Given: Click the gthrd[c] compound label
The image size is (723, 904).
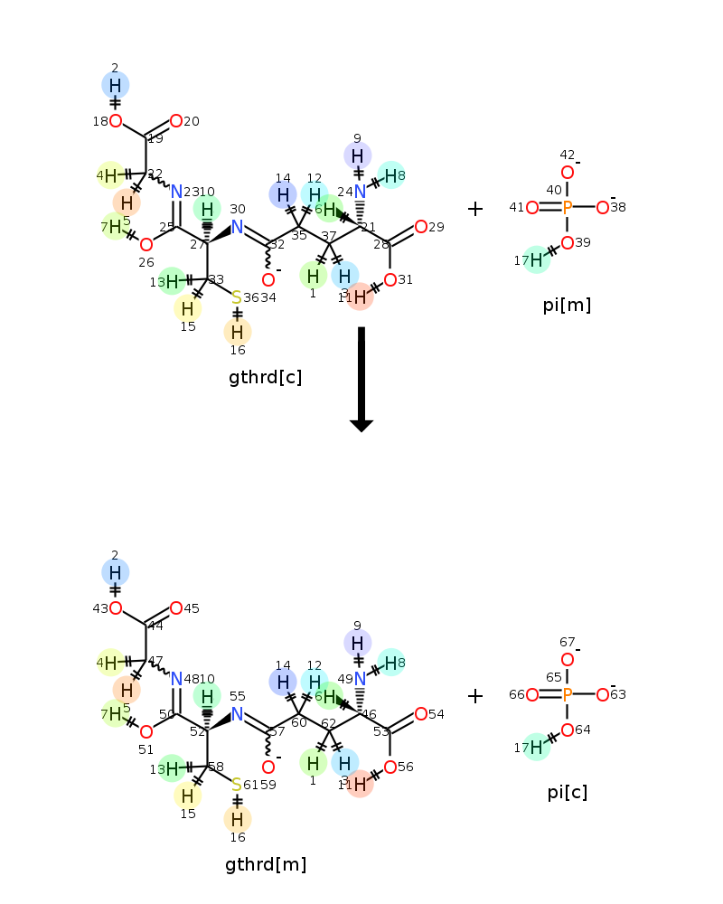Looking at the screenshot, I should point(266,377).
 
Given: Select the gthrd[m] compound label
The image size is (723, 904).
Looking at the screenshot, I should point(266,864).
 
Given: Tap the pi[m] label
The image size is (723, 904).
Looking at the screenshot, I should point(567,305).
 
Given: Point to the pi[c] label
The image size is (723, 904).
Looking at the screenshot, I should point(567,792).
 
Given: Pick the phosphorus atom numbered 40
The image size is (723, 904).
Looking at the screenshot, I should point(568,208).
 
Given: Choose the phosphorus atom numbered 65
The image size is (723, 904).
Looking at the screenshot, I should point(568,695).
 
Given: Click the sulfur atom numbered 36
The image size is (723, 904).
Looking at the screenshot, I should point(237,297).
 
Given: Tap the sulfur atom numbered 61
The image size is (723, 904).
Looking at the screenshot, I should point(237,785).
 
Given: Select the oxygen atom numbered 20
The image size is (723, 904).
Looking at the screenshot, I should point(176,121).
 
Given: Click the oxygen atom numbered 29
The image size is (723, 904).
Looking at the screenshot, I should point(421,227).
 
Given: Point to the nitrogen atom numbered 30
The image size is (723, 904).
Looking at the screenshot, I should point(238,227).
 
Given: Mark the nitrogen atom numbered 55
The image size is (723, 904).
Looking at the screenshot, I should point(238,714).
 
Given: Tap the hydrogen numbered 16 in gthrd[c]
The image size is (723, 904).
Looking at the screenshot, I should point(237,332).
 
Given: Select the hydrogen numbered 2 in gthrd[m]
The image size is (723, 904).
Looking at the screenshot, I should point(116,572).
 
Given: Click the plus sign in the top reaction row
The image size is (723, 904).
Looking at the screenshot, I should point(475,209).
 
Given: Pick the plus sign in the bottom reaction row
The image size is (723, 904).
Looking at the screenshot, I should point(475,696).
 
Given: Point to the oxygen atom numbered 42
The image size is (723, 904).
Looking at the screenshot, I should point(568,173).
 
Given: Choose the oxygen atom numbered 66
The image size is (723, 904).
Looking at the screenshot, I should point(532,695).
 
